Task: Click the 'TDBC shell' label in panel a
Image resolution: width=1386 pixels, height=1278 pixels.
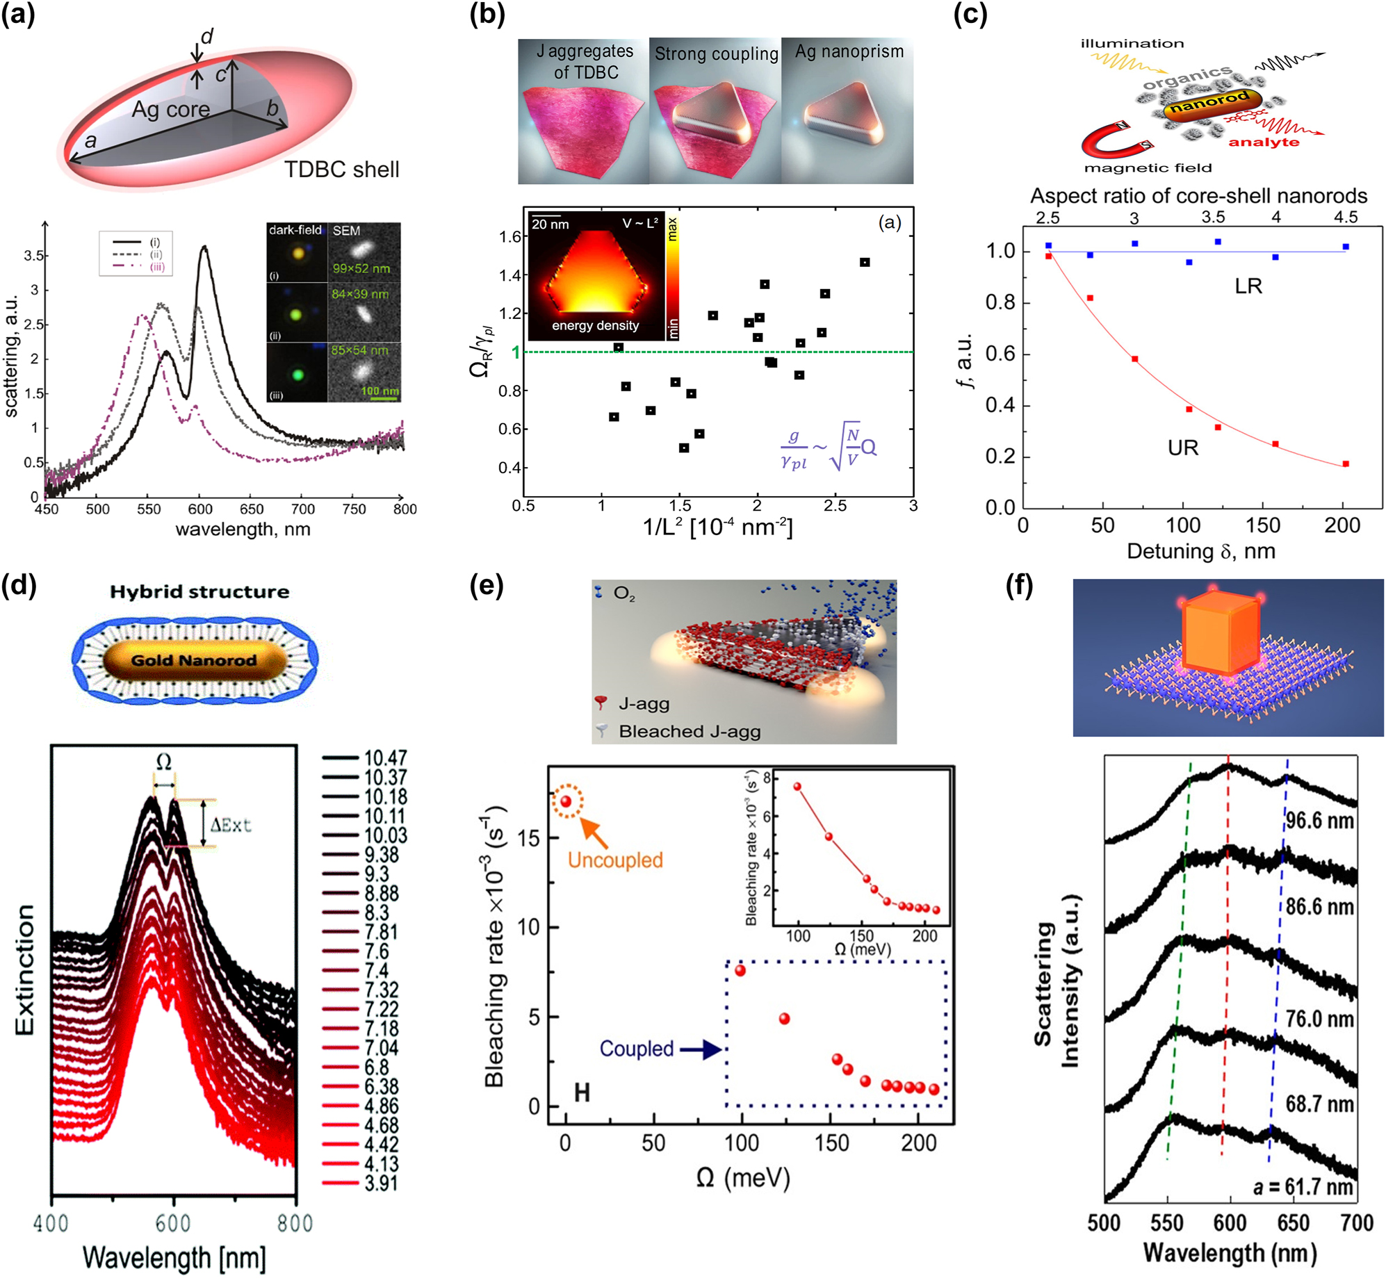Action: pos(341,170)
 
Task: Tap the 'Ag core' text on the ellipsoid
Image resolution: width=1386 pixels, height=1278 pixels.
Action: pos(170,109)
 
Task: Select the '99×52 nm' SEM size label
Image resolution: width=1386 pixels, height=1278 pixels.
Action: pos(361,268)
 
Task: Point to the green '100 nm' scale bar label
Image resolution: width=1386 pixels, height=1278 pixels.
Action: pos(380,391)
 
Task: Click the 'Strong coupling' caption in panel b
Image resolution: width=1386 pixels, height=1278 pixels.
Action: pos(716,54)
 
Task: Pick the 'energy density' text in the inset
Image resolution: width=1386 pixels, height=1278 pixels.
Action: pos(595,325)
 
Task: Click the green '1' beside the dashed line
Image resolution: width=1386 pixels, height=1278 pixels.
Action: pos(516,352)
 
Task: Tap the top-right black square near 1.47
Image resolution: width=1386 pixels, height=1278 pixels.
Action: pos(865,262)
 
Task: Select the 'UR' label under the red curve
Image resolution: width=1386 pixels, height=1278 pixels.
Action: pos(1182,448)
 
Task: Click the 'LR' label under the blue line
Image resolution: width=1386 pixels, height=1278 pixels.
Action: pos(1248,286)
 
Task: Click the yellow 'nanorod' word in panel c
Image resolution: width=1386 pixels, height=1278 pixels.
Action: pos(1209,102)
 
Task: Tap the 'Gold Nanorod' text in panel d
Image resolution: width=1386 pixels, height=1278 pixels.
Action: pos(194,660)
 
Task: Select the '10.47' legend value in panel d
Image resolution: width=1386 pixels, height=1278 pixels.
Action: pos(385,757)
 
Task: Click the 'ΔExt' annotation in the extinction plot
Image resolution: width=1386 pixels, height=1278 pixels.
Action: pos(230,825)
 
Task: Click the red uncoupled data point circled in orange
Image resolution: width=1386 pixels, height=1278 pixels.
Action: pos(566,801)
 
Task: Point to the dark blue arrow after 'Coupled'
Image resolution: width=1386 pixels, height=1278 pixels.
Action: pos(702,1049)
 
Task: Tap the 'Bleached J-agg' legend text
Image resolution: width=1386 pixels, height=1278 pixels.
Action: pos(689,731)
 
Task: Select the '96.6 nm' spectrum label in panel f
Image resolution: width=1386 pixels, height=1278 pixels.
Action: pos(1319,821)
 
